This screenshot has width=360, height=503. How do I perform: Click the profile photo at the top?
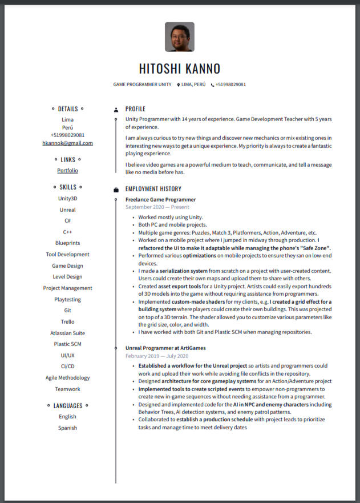pyautogui.click(x=180, y=37)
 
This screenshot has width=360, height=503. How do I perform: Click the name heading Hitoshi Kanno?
pyautogui.click(x=180, y=69)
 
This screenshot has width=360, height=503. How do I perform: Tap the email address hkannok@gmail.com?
pyautogui.click(x=67, y=143)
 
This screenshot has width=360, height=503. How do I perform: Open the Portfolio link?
pyautogui.click(x=67, y=171)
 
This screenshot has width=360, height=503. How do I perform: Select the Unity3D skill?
pyautogui.click(x=67, y=199)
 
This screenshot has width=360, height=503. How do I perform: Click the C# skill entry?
pyautogui.click(x=67, y=221)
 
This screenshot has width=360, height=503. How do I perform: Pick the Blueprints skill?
pyautogui.click(x=67, y=243)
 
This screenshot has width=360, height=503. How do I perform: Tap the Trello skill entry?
pyautogui.click(x=67, y=321)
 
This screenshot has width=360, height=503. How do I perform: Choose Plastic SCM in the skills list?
pyautogui.click(x=67, y=344)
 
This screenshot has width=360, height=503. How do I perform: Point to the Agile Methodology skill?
pyautogui.click(x=67, y=378)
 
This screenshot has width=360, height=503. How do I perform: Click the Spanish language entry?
pyautogui.click(x=67, y=428)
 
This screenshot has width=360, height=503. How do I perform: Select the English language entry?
pyautogui.click(x=67, y=417)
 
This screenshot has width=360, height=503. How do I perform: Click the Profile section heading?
pyautogui.click(x=135, y=109)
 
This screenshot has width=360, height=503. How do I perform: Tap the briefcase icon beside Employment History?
pyautogui.click(x=116, y=190)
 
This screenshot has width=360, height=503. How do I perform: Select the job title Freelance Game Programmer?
pyautogui.click(x=160, y=200)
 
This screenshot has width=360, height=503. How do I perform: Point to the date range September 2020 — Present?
pyautogui.click(x=157, y=207)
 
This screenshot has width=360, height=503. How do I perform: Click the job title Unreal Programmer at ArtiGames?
pyautogui.click(x=165, y=348)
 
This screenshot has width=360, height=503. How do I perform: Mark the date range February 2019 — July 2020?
pyautogui.click(x=156, y=356)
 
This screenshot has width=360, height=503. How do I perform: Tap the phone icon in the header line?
pyautogui.click(x=212, y=85)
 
